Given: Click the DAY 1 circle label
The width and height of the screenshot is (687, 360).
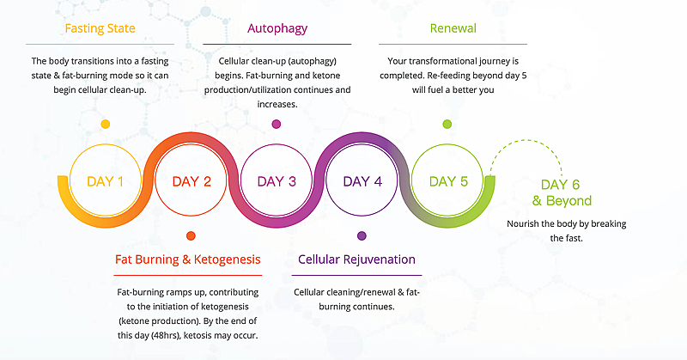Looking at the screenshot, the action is tap(105, 181).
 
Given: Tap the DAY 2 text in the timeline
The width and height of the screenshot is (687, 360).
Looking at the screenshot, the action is tap(192, 181).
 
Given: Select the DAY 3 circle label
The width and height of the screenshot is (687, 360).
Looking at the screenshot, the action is tap(277, 181).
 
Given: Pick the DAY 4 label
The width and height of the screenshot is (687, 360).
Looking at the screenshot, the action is tap(362, 181).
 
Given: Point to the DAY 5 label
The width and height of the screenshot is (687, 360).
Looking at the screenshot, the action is tap(448, 181).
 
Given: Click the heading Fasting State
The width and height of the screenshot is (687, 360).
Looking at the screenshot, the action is tap(100, 28).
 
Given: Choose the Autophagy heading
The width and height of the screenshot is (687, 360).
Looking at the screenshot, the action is tap(277, 28).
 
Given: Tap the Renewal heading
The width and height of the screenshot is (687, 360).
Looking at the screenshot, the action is tap(453, 28).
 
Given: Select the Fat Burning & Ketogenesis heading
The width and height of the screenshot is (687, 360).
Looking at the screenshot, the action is tap(187, 259).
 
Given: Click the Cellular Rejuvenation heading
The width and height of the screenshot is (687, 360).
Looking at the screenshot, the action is tap(356, 259).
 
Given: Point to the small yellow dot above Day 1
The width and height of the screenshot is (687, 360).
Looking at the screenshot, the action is tap(105, 124).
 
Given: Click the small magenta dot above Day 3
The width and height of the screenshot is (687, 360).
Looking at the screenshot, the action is tap(276, 124).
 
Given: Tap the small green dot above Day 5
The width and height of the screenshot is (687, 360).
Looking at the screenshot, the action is tap(447, 124).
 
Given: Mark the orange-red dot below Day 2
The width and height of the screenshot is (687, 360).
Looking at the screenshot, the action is tap(191, 236).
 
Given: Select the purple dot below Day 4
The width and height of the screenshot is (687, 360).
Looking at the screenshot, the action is tap(362, 236).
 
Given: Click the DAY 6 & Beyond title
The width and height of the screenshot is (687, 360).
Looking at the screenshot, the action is tap(562, 192).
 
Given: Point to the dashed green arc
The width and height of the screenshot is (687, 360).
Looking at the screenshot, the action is tap(526, 140).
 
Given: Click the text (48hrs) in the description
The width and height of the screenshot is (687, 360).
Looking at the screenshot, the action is tap(163, 336).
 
